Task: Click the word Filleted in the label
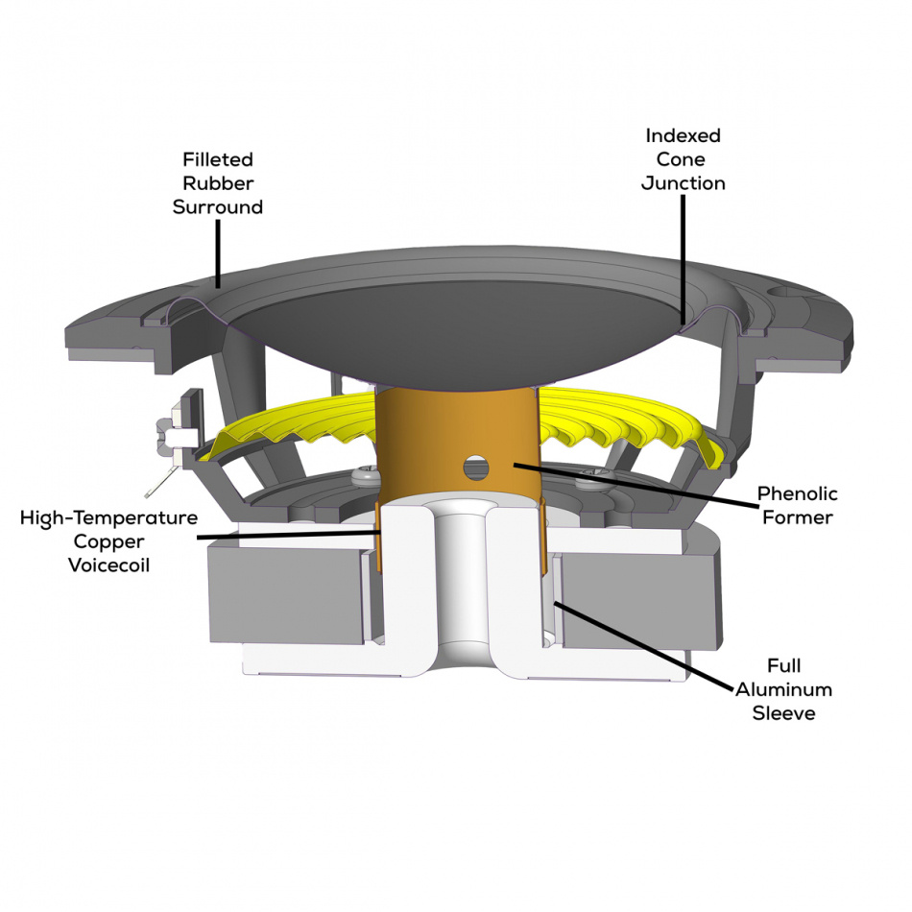point(218,159)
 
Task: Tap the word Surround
point(218,207)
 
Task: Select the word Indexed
point(683,135)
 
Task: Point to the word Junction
point(683,183)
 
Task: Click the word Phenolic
point(798,493)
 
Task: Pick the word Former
point(798,517)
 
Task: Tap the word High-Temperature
point(108,517)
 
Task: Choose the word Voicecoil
point(108,564)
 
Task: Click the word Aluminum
point(783,689)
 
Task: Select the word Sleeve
point(783,713)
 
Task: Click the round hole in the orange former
point(475,468)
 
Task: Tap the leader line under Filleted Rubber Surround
point(218,253)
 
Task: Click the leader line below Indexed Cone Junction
point(683,259)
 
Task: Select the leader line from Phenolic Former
point(636,485)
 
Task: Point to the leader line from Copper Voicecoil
point(289,534)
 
